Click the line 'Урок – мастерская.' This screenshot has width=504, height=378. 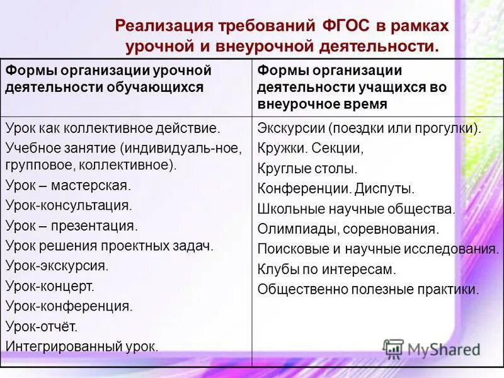click(68, 185)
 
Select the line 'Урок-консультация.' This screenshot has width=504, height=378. click(69, 205)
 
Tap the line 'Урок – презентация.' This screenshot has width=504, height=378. click(71, 226)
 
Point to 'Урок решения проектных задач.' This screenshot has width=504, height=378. click(110, 246)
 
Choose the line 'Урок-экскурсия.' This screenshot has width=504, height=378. click(57, 266)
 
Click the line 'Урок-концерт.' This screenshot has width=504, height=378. click(50, 286)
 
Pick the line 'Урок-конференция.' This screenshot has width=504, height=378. click(69, 306)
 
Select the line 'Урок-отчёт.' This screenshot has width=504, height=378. click(42, 326)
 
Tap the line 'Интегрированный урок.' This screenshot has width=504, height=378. click(82, 346)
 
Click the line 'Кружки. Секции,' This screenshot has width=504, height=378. click(311, 149)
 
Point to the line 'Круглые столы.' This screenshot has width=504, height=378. click(307, 169)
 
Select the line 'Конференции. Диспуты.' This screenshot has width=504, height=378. click(336, 189)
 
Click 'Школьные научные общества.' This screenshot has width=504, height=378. click(356, 209)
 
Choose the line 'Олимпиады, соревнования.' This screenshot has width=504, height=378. click(348, 229)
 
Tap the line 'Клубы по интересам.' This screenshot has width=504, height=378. click(326, 270)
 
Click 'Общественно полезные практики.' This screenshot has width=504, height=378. click(369, 290)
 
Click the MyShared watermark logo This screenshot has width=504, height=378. click(431, 348)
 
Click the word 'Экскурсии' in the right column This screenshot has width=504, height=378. click(290, 129)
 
